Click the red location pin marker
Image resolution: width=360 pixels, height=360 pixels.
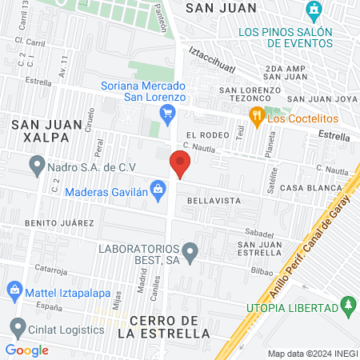pyautogui.click(x=180, y=166)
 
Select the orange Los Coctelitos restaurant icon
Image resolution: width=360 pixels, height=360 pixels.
pyautogui.click(x=257, y=116)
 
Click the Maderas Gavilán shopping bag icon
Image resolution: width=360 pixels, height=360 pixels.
pyautogui.click(x=158, y=190)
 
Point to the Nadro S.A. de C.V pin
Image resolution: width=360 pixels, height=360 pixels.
pyautogui.click(x=36, y=166)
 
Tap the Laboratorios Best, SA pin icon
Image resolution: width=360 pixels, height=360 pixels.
pyautogui.click(x=190, y=254)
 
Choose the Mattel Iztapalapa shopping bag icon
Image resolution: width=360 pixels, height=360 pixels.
pyautogui.click(x=14, y=289)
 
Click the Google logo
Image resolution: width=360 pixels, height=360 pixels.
pyautogui.click(x=27, y=350)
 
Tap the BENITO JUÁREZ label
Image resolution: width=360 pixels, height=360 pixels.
pyautogui.click(x=54, y=222)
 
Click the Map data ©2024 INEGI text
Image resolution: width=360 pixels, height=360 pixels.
pyautogui.click(x=312, y=353)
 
